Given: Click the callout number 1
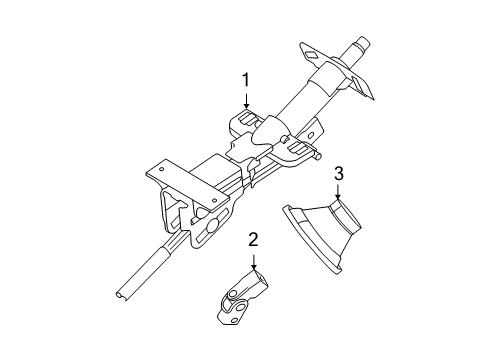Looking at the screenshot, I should (243, 79).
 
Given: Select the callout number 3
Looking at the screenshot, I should (338, 175).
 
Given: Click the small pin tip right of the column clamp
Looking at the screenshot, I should (320, 155).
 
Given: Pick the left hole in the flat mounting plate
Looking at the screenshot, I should (159, 175).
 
